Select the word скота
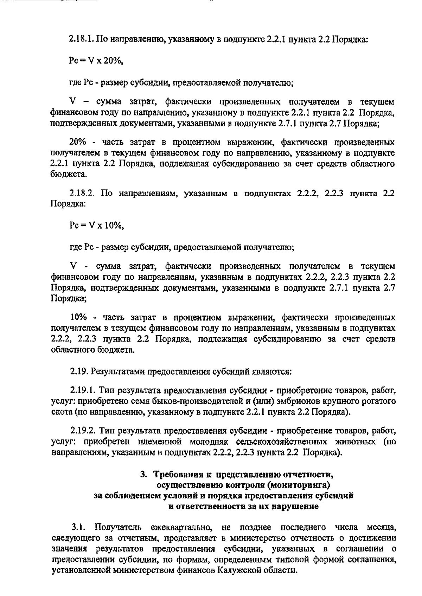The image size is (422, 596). [62, 412]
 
